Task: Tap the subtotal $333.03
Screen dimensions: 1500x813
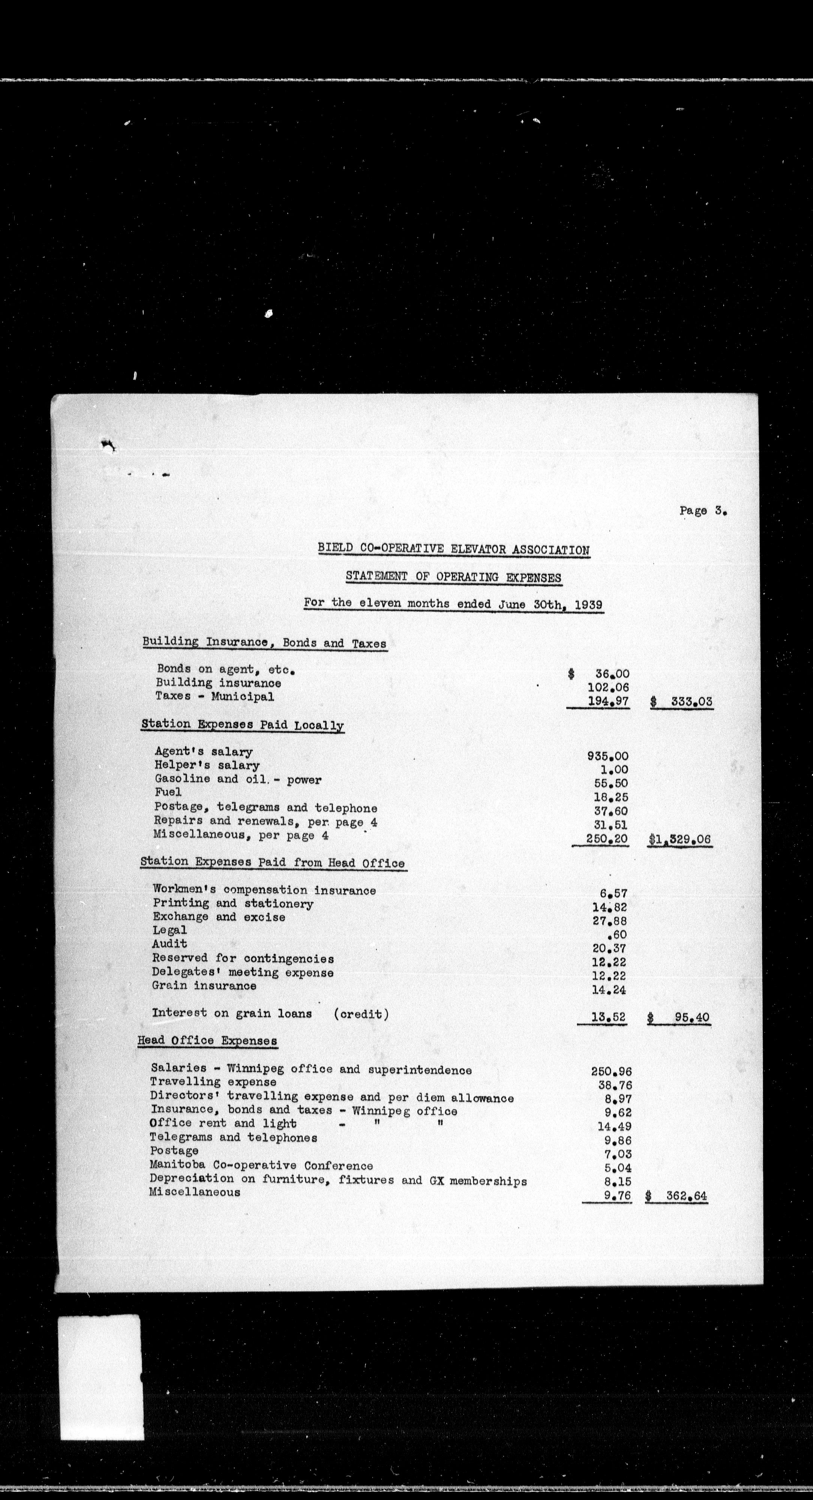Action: click(x=681, y=702)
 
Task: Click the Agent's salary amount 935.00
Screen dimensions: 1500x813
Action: click(x=607, y=756)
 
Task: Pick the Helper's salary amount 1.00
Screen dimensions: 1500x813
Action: click(x=614, y=769)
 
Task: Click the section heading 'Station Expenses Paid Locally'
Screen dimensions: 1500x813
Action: click(x=242, y=725)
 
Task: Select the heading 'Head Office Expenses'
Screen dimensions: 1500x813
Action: click(x=207, y=1041)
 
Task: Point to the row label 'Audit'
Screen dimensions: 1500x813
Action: click(x=169, y=943)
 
